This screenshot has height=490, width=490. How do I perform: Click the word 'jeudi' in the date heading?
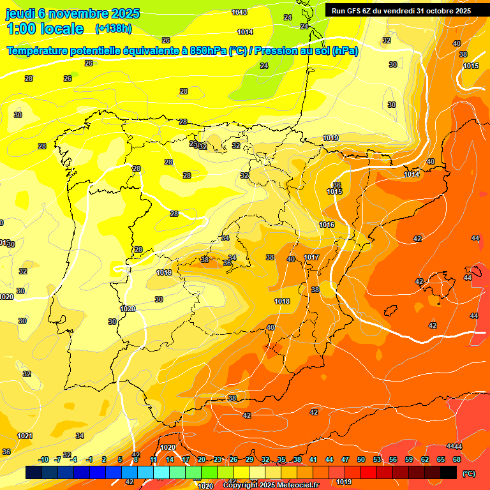coord(20,13)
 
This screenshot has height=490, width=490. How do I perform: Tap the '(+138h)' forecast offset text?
coord(113,28)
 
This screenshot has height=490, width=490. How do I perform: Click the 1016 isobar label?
coord(327,225)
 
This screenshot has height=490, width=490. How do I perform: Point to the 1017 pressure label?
coord(311,257)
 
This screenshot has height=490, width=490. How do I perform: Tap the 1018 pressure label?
coord(282,301)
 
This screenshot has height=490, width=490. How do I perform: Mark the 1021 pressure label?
coord(25,436)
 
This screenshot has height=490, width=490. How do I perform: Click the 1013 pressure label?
coord(239,12)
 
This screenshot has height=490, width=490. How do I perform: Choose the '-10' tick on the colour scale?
coord(43,460)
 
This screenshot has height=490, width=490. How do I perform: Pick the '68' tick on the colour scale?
coord(457,460)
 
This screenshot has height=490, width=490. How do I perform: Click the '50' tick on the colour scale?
coord(361,460)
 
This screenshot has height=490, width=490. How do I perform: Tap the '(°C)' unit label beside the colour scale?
coord(469,473)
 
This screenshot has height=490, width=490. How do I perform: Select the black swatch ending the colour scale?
coord(449,472)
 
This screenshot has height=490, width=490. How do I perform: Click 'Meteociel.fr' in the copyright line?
coord(297,486)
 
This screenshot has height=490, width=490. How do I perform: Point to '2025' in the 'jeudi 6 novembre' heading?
coord(126,13)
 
